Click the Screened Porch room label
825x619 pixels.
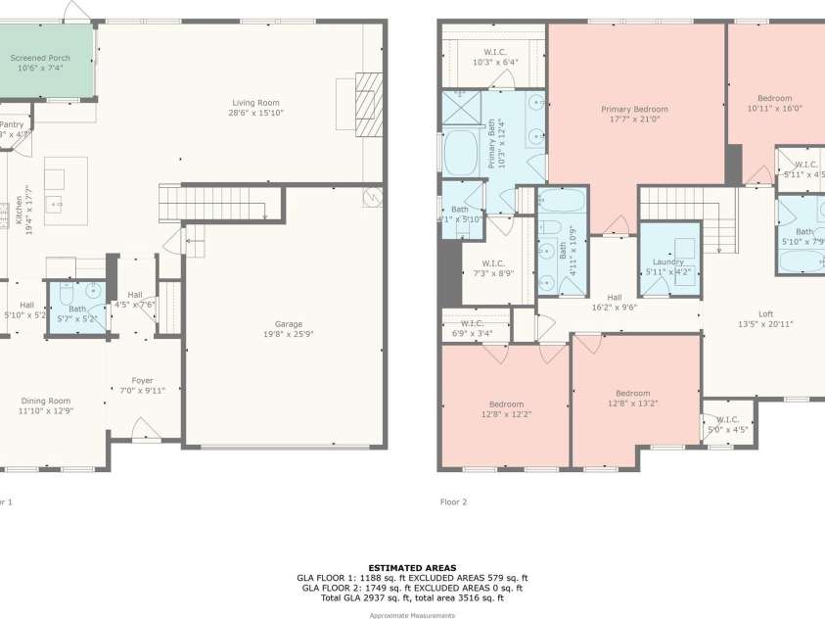point(40,59)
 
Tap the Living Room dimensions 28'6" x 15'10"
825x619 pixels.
point(255,112)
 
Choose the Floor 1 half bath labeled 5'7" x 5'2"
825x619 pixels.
point(77,309)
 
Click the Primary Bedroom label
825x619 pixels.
point(634,110)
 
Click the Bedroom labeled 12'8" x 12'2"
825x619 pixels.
point(506,405)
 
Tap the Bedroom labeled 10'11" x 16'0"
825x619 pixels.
point(774,99)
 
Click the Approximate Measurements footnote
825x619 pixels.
point(411,615)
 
